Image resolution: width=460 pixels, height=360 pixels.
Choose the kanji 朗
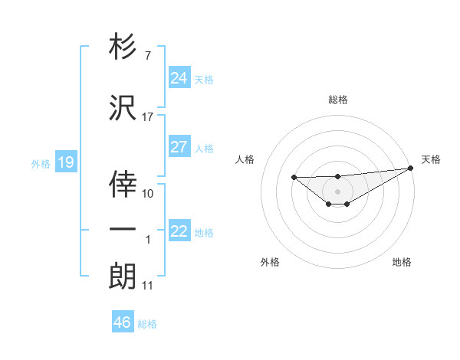[123, 276]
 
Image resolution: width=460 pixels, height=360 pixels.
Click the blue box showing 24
[179, 77]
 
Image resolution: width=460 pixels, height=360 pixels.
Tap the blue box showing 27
[179, 147]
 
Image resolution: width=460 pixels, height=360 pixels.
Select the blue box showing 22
[179, 231]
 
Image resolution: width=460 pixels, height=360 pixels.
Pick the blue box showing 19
[65, 162]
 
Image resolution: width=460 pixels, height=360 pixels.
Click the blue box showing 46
[123, 322]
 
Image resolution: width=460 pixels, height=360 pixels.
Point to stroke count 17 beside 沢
[148, 117]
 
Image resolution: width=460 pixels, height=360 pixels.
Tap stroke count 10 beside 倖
[148, 194]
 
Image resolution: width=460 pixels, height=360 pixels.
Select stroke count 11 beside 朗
[148, 286]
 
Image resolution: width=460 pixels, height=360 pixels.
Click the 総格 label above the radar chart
[338, 100]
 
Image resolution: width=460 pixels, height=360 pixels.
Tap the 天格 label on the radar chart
[432, 159]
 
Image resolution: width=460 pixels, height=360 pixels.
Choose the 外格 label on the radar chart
[270, 262]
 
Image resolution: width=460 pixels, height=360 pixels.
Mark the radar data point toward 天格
[412, 169]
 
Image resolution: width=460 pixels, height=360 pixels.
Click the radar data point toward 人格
[294, 178]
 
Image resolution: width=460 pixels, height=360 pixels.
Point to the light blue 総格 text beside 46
[147, 324]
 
